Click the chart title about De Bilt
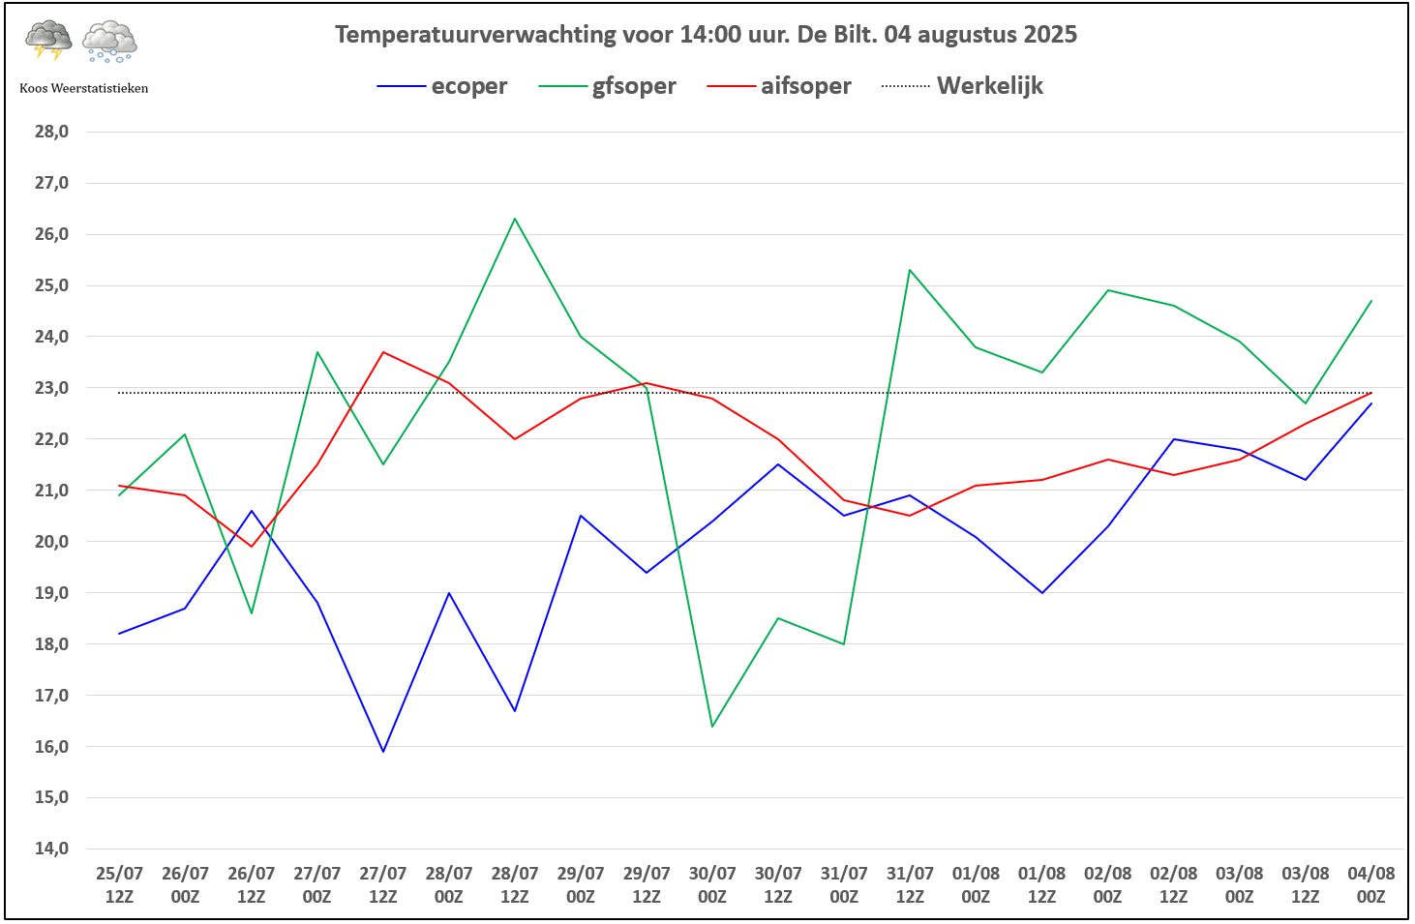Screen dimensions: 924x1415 tap(706, 35)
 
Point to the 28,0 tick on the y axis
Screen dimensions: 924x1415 tap(51, 132)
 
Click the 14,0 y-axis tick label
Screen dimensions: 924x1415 tap(51, 849)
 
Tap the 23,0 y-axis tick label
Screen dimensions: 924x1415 tap(51, 388)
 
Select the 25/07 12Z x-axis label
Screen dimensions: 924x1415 tap(119, 884)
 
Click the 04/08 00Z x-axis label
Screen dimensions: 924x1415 tap(1370, 884)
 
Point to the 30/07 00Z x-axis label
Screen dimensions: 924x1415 tap(712, 884)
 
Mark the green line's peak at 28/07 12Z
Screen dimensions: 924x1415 tap(515, 219)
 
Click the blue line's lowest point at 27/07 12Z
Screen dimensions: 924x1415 tap(383, 751)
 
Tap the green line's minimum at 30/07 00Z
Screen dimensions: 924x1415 tap(712, 726)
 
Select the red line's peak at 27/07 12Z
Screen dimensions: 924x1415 tap(383, 352)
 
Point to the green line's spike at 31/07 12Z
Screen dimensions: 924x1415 tap(910, 270)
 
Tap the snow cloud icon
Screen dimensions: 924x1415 tap(109, 42)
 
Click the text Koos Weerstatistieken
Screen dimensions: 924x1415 tap(84, 88)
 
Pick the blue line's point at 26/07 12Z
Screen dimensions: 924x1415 tap(252, 511)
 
